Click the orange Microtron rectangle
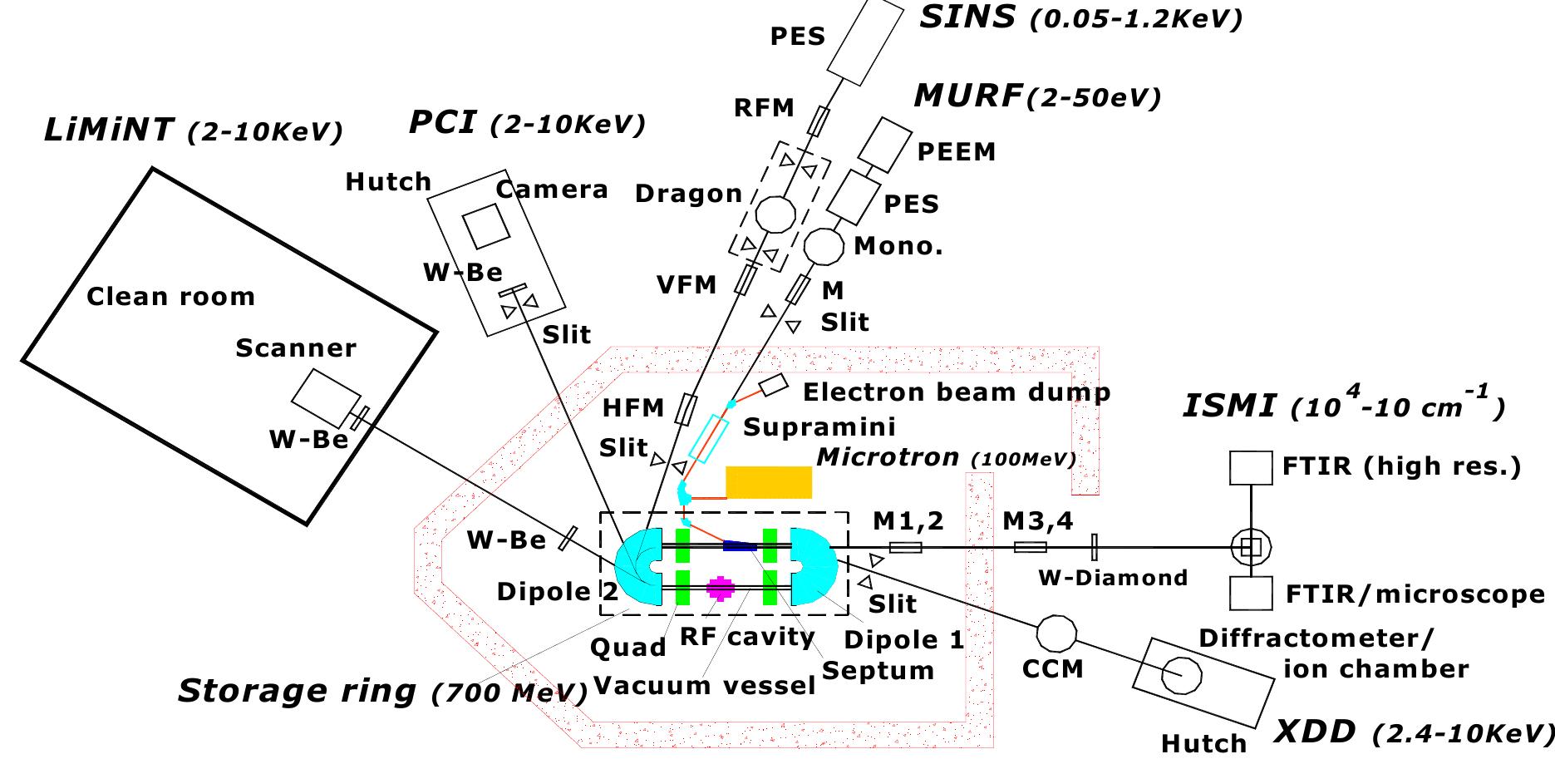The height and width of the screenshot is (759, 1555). click(x=769, y=482)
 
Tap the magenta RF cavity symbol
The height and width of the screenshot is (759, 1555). click(x=720, y=588)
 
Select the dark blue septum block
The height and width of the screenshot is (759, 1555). click(x=739, y=546)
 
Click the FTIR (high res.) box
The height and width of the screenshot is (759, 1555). click(x=1251, y=468)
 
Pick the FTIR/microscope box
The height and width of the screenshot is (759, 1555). click(x=1251, y=594)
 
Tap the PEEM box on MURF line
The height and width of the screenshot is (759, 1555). click(x=884, y=142)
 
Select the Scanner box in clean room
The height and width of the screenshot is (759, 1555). click(x=326, y=397)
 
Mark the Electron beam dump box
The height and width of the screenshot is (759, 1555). click(x=772, y=385)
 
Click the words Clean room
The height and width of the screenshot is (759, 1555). click(x=170, y=297)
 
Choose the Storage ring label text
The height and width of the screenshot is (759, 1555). click(x=297, y=690)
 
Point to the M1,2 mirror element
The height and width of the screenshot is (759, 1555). click(x=905, y=547)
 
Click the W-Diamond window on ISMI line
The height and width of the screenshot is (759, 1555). click(x=1095, y=547)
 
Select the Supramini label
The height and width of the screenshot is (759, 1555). click(x=819, y=427)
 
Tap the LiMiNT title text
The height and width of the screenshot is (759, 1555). click(x=109, y=131)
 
